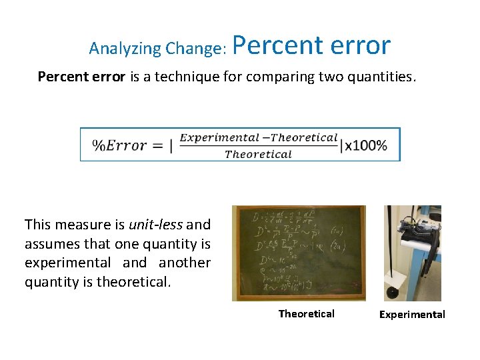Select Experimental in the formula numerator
(x=219, y=138)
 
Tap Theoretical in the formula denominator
(x=258, y=154)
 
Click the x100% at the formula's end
(x=366, y=145)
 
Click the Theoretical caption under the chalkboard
(x=306, y=314)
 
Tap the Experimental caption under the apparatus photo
(x=412, y=315)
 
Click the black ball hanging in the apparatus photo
(x=393, y=291)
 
